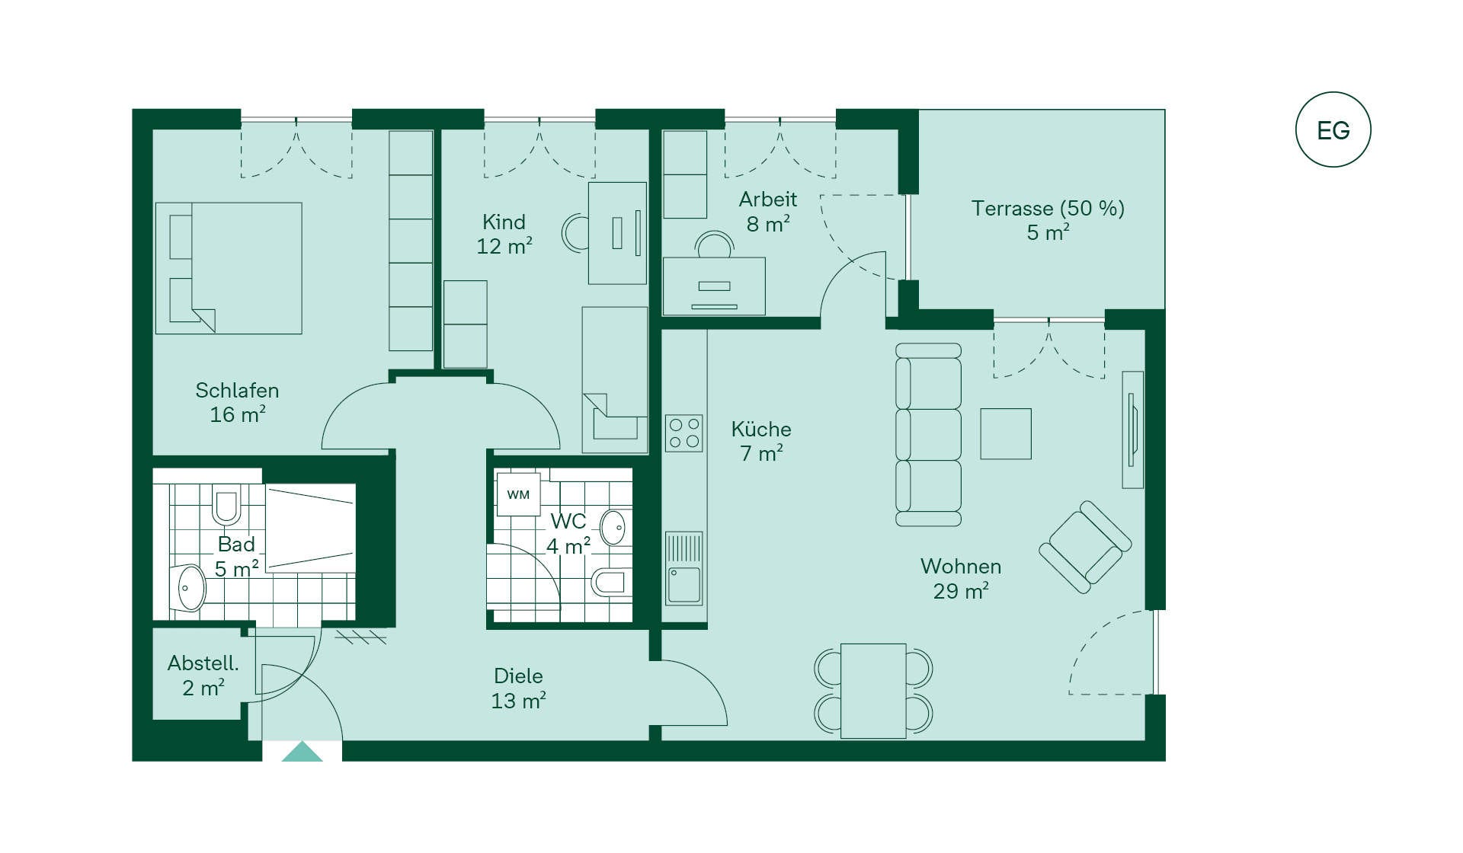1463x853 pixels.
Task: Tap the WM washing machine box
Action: (x=518, y=494)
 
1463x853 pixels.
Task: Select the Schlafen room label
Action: (x=237, y=391)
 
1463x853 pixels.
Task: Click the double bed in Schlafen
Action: (x=229, y=268)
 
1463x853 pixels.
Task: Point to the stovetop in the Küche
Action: (x=684, y=433)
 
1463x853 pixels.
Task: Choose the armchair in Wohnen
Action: (x=1085, y=547)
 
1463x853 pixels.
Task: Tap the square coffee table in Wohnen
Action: (x=1006, y=434)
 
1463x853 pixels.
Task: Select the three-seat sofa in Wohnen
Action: (x=928, y=435)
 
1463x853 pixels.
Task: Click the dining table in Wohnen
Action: (x=873, y=691)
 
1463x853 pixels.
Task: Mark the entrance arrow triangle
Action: (x=303, y=752)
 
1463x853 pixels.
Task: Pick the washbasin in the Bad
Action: (x=191, y=588)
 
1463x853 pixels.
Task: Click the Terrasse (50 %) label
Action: (x=1048, y=209)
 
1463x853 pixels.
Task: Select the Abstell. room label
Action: (x=203, y=663)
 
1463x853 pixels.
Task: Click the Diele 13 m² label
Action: (x=519, y=688)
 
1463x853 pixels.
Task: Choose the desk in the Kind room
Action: (x=617, y=233)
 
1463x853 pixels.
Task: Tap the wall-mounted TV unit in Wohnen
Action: (x=1133, y=430)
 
